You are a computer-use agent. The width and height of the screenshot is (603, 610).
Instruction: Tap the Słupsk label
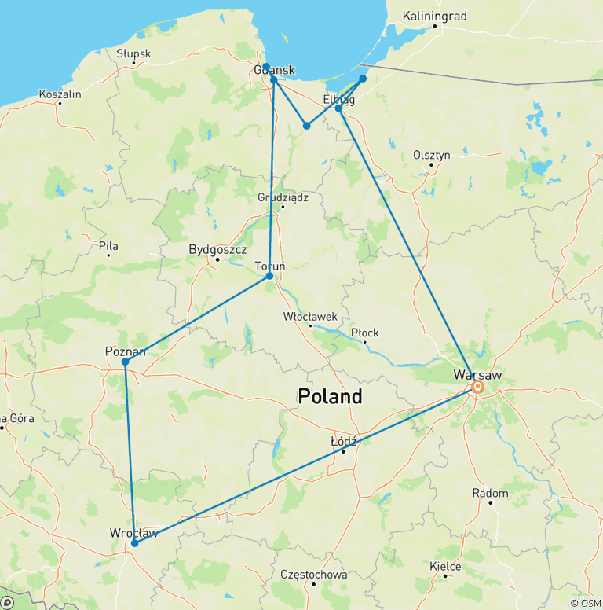click(133, 54)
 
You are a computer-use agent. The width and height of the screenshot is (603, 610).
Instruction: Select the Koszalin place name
click(60, 94)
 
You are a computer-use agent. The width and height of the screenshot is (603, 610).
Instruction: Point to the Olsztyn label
click(432, 155)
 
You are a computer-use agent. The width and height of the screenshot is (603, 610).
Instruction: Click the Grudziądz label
click(283, 197)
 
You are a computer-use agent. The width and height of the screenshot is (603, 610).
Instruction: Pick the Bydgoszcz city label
click(214, 250)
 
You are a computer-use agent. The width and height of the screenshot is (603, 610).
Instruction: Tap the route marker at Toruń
click(270, 276)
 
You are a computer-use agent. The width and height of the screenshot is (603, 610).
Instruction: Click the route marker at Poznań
click(126, 362)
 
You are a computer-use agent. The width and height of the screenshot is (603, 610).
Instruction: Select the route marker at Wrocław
click(135, 543)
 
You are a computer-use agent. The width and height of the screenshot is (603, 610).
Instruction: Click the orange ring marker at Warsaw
click(477, 387)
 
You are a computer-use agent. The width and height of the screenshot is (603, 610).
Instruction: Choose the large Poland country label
click(330, 396)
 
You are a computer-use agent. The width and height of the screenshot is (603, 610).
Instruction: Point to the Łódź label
click(344, 442)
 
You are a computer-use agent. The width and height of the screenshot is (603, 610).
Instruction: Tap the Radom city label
click(490, 494)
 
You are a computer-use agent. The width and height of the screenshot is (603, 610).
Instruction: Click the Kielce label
click(445, 566)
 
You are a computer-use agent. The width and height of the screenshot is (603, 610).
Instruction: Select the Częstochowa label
click(314, 575)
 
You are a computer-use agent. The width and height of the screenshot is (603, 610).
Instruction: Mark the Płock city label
click(364, 333)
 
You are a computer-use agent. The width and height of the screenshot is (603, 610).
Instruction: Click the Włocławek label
click(310, 316)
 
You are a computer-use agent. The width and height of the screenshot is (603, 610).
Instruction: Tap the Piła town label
click(108, 246)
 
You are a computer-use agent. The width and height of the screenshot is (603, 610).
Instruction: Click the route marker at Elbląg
click(339, 108)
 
